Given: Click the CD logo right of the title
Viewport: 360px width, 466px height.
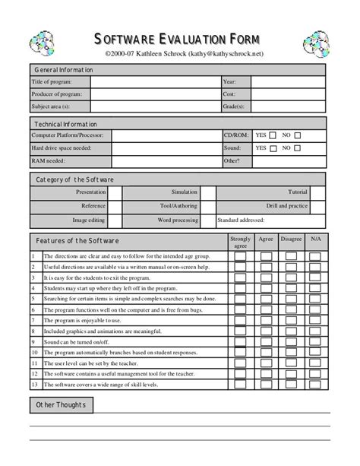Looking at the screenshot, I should click(316, 46).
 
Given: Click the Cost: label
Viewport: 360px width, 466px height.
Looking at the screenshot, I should click(229, 94).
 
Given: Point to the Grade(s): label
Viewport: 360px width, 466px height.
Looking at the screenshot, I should click(234, 107).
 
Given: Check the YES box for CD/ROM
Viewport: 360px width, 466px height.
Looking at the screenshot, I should click(273, 135).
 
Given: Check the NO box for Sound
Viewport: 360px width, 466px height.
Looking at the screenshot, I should click(298, 148).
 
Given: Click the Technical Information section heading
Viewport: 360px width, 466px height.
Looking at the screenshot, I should click(65, 123).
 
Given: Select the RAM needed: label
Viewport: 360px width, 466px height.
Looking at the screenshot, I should click(49, 161).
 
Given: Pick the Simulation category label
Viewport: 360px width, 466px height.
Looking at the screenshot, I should click(184, 192).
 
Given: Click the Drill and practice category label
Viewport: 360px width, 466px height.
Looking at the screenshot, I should click(286, 205).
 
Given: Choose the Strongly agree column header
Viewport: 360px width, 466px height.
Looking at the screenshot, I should click(240, 242).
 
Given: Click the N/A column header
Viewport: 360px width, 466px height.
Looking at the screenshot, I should click(314, 239).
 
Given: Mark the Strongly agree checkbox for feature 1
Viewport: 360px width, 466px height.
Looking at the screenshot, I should click(240, 257).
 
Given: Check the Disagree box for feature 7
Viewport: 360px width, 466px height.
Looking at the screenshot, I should click(291, 322).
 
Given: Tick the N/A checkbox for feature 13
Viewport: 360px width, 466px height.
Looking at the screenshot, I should click(315, 385).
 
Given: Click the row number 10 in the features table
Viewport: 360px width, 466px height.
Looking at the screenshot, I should click(34, 353).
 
